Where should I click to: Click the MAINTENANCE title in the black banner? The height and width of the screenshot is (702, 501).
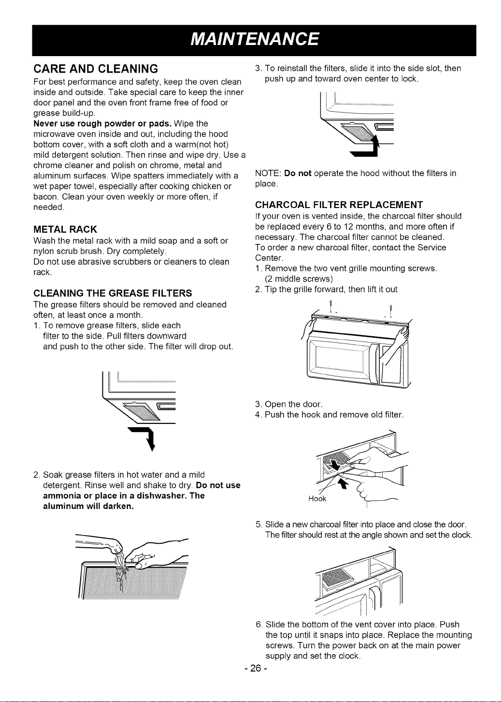coord(255,40)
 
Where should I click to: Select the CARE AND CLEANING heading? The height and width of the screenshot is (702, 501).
coord(96,69)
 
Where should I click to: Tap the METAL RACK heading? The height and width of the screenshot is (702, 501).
coord(65,229)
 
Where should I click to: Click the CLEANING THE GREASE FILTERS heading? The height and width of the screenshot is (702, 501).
coord(113,293)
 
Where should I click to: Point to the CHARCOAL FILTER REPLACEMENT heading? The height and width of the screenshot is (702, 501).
coord(339,205)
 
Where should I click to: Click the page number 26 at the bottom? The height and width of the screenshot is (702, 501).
coord(256,669)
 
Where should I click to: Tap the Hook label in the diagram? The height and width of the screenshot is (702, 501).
coord(317,499)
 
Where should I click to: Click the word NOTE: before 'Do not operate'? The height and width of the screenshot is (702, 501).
coord(268,173)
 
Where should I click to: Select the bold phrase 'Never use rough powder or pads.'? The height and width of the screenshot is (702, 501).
coord(102,123)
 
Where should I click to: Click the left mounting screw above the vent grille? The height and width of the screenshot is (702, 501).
coord(331,307)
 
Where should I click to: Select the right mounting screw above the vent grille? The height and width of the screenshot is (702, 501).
coord(391,311)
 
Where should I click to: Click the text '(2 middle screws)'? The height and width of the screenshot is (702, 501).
coord(299,279)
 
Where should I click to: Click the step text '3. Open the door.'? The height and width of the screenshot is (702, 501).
coord(288,404)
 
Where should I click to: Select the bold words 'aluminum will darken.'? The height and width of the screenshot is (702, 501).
coord(88,507)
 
